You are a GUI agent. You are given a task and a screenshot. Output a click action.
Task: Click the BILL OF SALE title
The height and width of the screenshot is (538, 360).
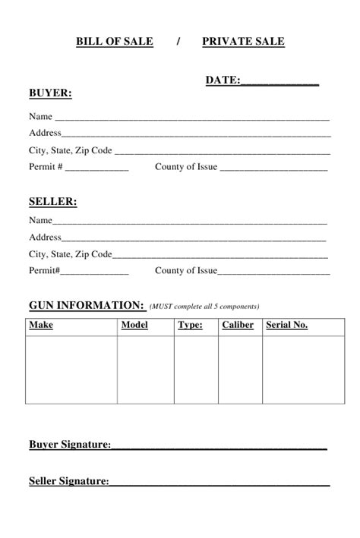click(115, 42)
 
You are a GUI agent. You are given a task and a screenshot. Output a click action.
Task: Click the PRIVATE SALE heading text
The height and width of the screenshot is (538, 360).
click(243, 42)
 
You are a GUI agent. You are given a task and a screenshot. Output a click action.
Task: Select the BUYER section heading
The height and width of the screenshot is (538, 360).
click(50, 93)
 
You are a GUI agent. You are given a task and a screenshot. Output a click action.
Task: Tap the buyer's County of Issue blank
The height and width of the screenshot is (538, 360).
click(274, 168)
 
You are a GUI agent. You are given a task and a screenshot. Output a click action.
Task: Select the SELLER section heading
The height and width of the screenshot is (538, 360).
click(52, 202)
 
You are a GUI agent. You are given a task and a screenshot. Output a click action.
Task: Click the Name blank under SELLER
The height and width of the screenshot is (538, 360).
click(190, 222)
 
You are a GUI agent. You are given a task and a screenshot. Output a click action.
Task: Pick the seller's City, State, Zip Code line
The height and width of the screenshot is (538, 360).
click(221, 256)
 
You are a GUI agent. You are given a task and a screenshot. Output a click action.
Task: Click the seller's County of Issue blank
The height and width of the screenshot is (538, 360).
click(274, 272)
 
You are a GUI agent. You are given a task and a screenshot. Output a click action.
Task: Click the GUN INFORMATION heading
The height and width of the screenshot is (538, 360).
click(86, 305)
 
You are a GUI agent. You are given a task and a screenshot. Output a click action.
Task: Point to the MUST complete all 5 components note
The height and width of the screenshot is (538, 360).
click(204, 307)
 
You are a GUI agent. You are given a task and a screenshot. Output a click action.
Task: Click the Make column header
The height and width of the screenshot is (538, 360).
click(41, 326)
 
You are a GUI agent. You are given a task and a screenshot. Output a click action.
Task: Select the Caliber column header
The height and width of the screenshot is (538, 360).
click(238, 326)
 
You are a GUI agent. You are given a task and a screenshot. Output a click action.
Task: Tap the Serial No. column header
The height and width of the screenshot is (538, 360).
click(286, 326)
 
